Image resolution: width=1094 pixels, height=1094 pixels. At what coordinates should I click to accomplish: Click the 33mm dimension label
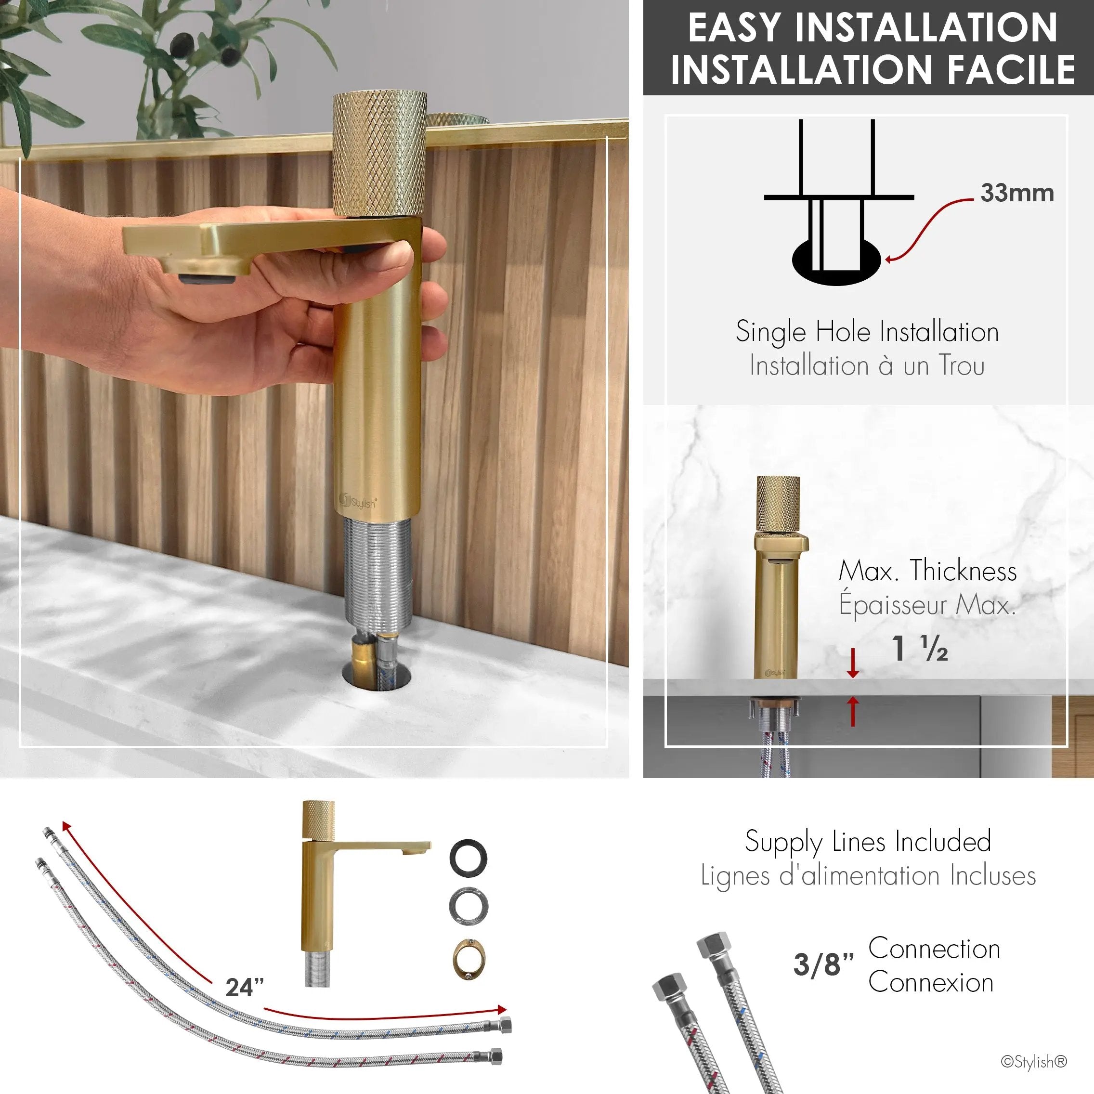pos(1017,193)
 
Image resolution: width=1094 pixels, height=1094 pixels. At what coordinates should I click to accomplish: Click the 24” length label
pos(245,988)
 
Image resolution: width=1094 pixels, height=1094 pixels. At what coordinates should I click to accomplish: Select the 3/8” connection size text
pos(823,964)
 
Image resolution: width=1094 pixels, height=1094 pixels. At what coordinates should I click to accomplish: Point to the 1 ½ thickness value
pos(920,649)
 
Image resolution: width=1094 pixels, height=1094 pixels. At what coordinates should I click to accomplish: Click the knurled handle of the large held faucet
pos(379,154)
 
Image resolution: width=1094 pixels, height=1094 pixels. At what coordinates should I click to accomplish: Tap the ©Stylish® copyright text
pos(1034,1062)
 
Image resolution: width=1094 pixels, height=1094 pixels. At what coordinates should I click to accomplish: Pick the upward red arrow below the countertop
pos(853,711)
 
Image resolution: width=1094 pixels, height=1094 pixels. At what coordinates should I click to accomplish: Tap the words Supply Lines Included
pos(868,842)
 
